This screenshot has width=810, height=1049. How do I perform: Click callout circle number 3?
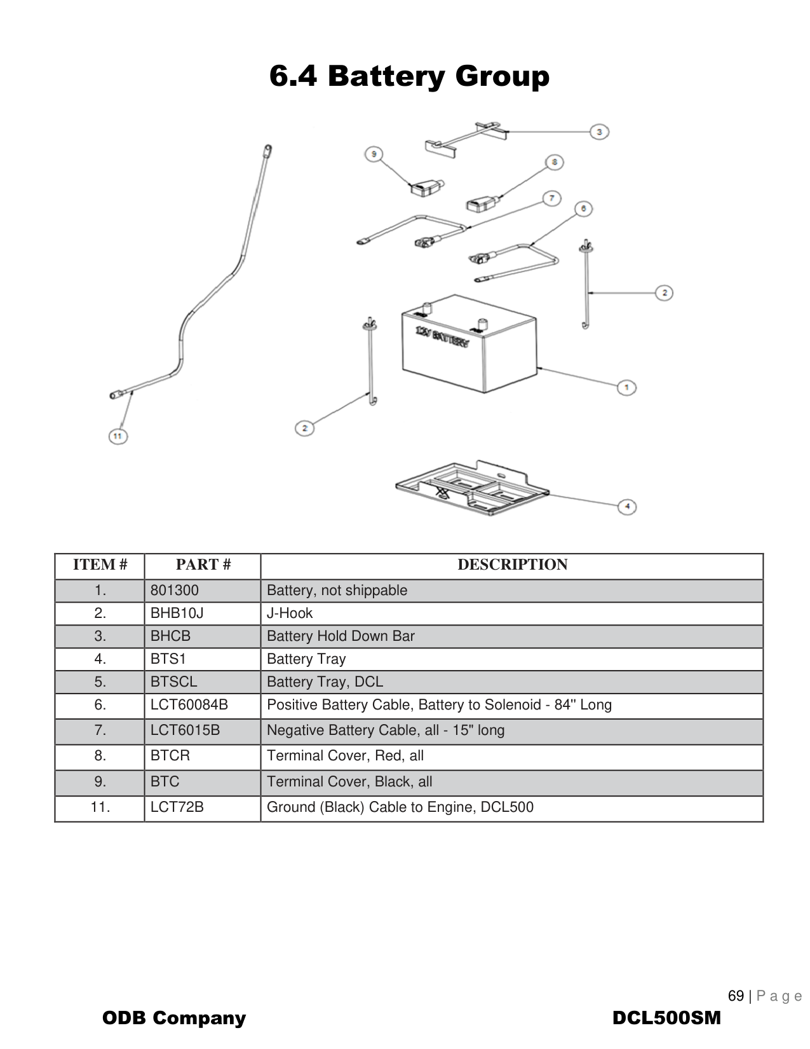coord(599,132)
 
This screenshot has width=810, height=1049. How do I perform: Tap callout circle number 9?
coord(374,154)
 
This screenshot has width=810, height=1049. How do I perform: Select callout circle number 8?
coord(554,162)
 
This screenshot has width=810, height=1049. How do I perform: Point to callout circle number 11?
coord(118,436)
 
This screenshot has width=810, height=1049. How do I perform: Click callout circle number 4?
coord(627,506)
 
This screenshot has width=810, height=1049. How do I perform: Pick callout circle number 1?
coord(626,387)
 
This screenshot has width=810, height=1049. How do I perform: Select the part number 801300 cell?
coord(175,590)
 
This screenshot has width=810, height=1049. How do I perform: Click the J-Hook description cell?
coord(290,613)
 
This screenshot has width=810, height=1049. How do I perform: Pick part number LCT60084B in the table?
coord(189,704)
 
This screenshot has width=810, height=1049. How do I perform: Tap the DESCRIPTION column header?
coord(512,565)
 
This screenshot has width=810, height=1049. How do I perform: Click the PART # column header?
coord(203,565)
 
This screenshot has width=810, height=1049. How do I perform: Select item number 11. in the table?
coord(100,807)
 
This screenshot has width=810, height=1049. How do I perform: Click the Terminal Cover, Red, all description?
coord(345,755)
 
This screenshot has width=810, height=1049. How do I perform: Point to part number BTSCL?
coord(173,682)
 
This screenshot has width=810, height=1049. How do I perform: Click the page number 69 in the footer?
coord(736,996)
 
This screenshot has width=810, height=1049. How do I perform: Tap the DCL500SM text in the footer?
coord(666,1018)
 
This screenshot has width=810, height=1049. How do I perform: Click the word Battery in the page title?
coord(387,76)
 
